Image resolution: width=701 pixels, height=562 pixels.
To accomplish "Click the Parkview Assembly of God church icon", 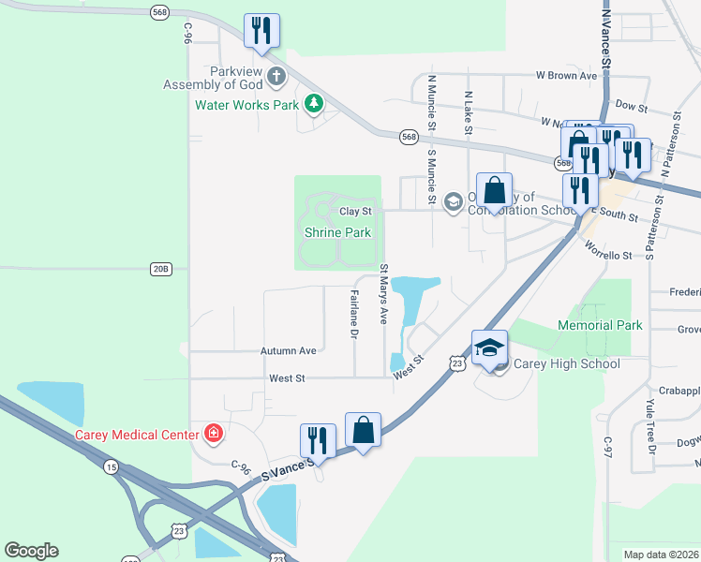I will coord(276,74).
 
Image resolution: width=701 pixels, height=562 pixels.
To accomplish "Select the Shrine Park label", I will coord(336,232).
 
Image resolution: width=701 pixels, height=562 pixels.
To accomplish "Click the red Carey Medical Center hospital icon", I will coord(215,434).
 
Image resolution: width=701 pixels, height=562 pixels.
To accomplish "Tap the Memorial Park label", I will coord(600,325).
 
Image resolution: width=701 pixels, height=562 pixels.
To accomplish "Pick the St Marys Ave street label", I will coord(383,294).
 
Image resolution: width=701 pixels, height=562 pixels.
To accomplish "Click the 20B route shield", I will coord(161,269).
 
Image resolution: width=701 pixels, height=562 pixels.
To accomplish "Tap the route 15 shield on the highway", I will coord(112,466).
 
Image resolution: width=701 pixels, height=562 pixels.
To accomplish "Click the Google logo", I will coord(31,551).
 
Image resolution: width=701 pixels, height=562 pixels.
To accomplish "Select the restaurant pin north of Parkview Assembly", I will coord(261,31).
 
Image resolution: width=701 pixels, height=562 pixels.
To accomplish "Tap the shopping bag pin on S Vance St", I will coord(363,432).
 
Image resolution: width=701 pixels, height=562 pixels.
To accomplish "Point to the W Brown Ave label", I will coord(566,75).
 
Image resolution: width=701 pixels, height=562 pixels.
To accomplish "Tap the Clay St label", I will coord(355,212).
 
